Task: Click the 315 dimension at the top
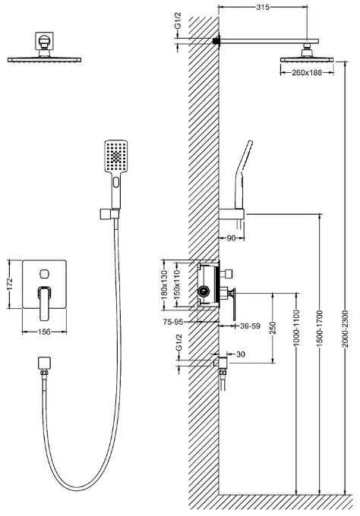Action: pos(263,8)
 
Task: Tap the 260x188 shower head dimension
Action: pos(307,72)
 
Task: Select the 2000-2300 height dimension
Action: pos(345,329)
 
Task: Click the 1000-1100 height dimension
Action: pos(296,328)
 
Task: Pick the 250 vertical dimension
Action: pos(273,328)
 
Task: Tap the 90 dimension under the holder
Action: pos(231,238)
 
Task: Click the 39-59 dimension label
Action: pos(250,326)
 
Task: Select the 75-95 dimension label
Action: pos(173,322)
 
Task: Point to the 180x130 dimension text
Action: pos(164,285)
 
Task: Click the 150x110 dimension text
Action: pos(177,285)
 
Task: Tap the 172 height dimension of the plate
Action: pos(9,285)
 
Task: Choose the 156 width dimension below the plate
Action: pos(44,332)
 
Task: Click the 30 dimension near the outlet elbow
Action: pos(241,354)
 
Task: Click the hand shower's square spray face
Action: pos(116,156)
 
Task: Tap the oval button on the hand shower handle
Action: pos(116,182)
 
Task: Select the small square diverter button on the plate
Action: pos(44,274)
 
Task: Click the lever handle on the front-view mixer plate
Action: pos(45,303)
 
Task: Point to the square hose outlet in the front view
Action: pos(45,363)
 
